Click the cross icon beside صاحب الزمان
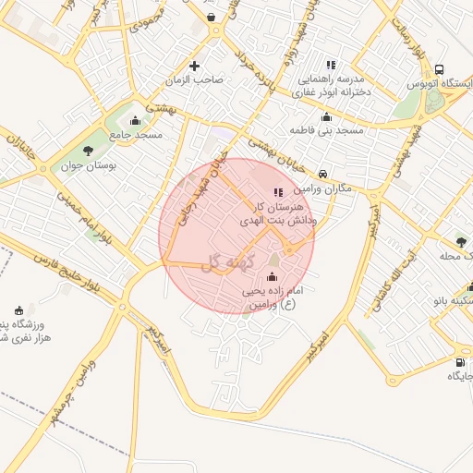pos(194,66)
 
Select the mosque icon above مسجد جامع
pos(136,120)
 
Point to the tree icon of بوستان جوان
pos(88,151)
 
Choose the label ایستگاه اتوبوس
pos(441,84)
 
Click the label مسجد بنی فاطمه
pos(326,131)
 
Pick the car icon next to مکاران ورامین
pos(321,173)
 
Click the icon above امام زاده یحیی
pos(272,276)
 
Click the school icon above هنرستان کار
pos(279,192)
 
